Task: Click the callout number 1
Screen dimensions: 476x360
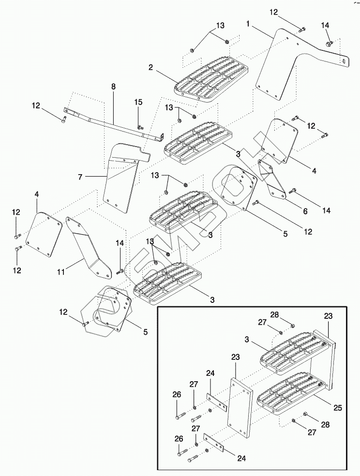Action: point(248,23)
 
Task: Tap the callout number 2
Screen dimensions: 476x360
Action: point(151,68)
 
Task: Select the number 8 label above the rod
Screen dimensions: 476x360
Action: point(113,87)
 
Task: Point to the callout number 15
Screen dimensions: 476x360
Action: point(138,102)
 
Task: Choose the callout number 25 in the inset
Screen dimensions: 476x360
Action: point(338,408)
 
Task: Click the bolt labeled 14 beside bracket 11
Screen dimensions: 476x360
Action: point(119,271)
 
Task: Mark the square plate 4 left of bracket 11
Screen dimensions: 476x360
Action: point(44,235)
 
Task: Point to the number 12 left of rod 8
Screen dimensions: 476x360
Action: point(37,105)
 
